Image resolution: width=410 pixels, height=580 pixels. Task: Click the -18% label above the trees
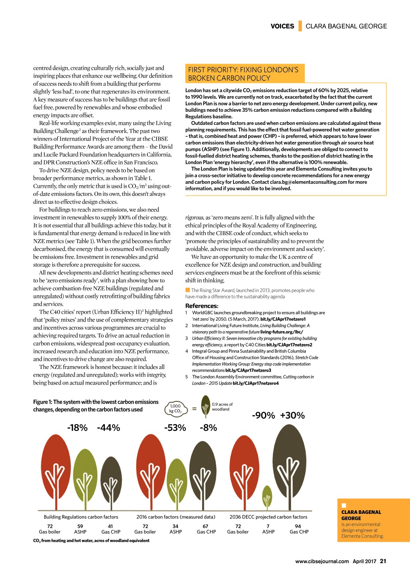[77, 428]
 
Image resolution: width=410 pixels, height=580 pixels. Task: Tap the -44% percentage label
[109, 428]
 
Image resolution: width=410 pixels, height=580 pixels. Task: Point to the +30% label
[292, 415]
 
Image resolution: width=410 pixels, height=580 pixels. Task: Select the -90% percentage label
[263, 415]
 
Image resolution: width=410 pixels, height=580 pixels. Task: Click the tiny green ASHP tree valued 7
[267, 497]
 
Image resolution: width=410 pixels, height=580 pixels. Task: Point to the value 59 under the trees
[80, 526]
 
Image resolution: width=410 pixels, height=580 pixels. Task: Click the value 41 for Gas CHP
[111, 526]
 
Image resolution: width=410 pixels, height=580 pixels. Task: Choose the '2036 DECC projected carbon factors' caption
[268, 517]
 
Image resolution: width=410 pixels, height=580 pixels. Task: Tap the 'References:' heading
[202, 306]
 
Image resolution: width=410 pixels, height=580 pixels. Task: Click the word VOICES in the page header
[282, 26]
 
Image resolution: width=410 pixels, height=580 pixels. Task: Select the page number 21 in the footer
[383, 561]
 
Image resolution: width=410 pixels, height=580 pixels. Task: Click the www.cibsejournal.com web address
[322, 562]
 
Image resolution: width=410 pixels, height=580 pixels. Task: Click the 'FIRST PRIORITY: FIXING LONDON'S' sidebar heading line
[243, 70]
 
